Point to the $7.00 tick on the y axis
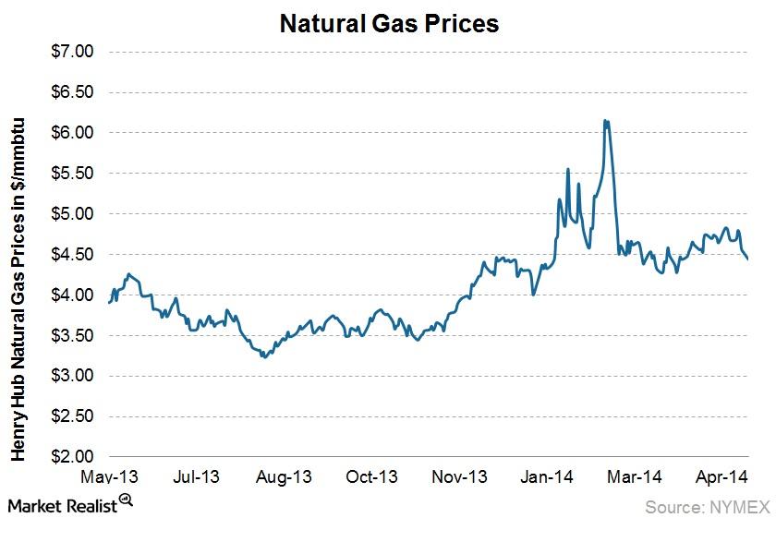[71, 52]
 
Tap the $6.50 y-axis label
[71, 92]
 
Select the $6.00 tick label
[71, 133]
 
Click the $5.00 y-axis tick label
[71, 214]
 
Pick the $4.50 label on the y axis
[71, 255]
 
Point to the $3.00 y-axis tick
[71, 376]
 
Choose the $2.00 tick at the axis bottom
[71, 457]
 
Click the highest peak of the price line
[605, 120]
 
